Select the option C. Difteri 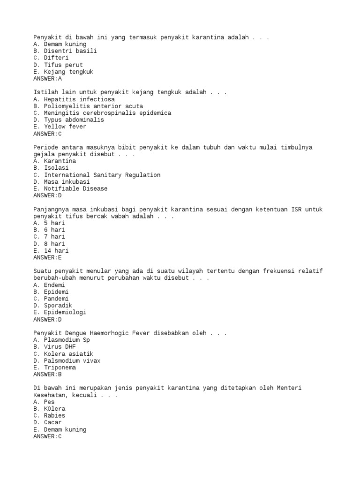click(51, 58)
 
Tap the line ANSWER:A click(47, 79)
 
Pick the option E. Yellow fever click(60, 127)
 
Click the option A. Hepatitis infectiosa click(74, 99)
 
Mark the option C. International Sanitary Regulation click(97, 175)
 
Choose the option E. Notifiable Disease click(70, 188)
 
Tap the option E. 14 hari click(51, 251)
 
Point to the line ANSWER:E click(47, 257)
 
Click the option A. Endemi click(49, 285)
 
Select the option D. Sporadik click(53, 306)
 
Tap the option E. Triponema click(55, 367)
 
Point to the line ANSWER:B click(47, 375)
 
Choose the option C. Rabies click(49, 416)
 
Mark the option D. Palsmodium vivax click(67, 361)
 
